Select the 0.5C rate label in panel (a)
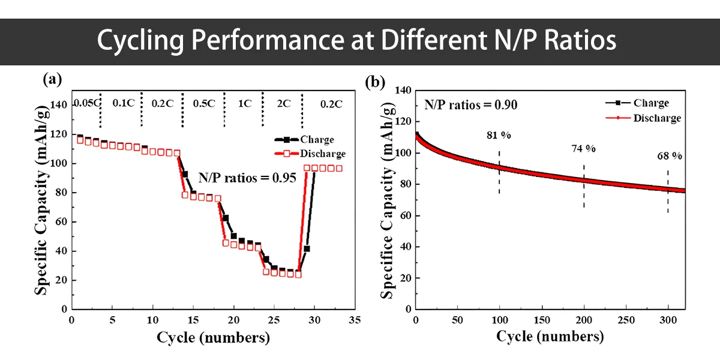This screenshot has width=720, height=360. (x=203, y=103)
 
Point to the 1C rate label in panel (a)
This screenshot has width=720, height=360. (x=244, y=103)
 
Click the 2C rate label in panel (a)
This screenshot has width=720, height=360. (x=283, y=103)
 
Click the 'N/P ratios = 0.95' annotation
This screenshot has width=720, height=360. (x=247, y=178)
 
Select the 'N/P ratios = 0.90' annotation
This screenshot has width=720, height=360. (x=471, y=104)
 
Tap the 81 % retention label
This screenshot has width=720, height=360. (x=499, y=136)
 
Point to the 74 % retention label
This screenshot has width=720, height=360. (x=583, y=148)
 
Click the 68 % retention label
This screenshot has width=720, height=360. (x=670, y=156)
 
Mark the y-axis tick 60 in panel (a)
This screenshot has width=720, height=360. (x=60, y=222)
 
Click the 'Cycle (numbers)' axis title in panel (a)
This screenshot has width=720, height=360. (x=213, y=338)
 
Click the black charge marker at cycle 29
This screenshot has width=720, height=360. (x=307, y=248)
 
